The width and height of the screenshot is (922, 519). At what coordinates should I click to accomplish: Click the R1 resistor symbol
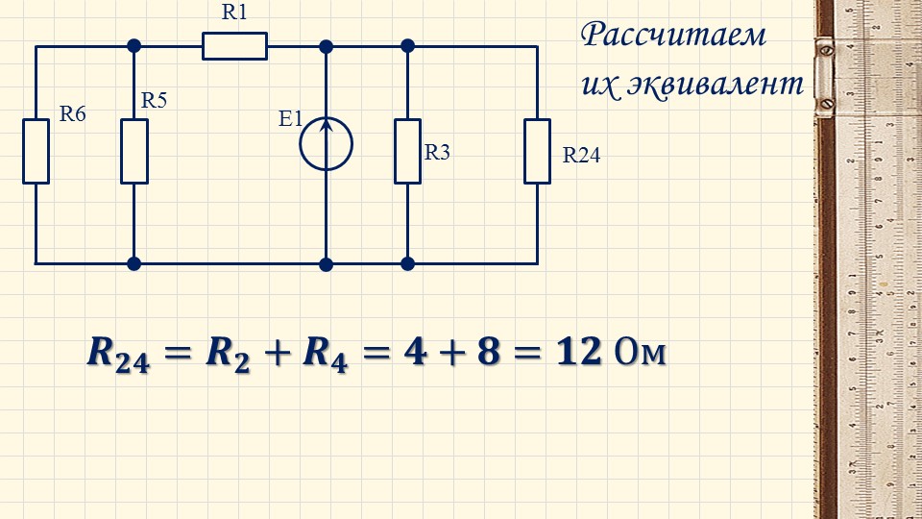[234, 46]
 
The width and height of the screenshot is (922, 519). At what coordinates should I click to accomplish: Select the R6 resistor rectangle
[36, 151]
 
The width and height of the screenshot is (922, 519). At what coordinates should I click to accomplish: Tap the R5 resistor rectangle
[134, 151]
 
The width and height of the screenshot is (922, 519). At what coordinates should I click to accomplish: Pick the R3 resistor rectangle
[407, 151]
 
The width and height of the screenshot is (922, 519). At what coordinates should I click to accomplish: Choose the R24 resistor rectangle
[537, 151]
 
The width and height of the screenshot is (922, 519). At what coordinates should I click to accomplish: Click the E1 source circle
[326, 144]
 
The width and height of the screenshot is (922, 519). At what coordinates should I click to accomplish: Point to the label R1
[234, 12]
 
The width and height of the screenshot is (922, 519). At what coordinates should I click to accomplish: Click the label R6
[73, 113]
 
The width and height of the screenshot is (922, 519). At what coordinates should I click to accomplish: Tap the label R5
[155, 100]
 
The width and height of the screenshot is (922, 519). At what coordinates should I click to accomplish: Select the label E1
[290, 119]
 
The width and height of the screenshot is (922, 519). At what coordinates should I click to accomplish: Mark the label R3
[437, 152]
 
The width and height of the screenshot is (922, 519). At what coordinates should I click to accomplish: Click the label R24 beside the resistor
[581, 156]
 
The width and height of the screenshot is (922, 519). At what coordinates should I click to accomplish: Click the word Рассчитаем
[674, 37]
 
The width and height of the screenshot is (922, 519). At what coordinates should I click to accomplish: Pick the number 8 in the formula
[489, 352]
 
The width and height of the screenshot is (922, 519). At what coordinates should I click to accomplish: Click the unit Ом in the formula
[638, 353]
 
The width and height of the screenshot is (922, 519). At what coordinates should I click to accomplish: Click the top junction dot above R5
[134, 45]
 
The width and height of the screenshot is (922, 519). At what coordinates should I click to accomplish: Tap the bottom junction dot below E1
[326, 262]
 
